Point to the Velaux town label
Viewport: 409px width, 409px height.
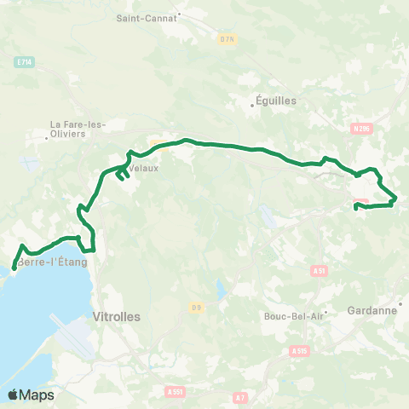[143, 168]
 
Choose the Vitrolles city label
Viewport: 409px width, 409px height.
[115, 315]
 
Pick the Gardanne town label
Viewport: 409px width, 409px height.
[376, 311]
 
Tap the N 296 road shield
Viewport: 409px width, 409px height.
[360, 129]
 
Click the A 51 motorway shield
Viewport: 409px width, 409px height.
[320, 271]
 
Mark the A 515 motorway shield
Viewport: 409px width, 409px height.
[298, 350]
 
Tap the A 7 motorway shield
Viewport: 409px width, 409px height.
[240, 397]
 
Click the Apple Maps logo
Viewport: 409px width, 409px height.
[31, 395]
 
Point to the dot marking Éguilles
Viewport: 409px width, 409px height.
[253, 106]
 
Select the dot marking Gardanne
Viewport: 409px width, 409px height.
[400, 303]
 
